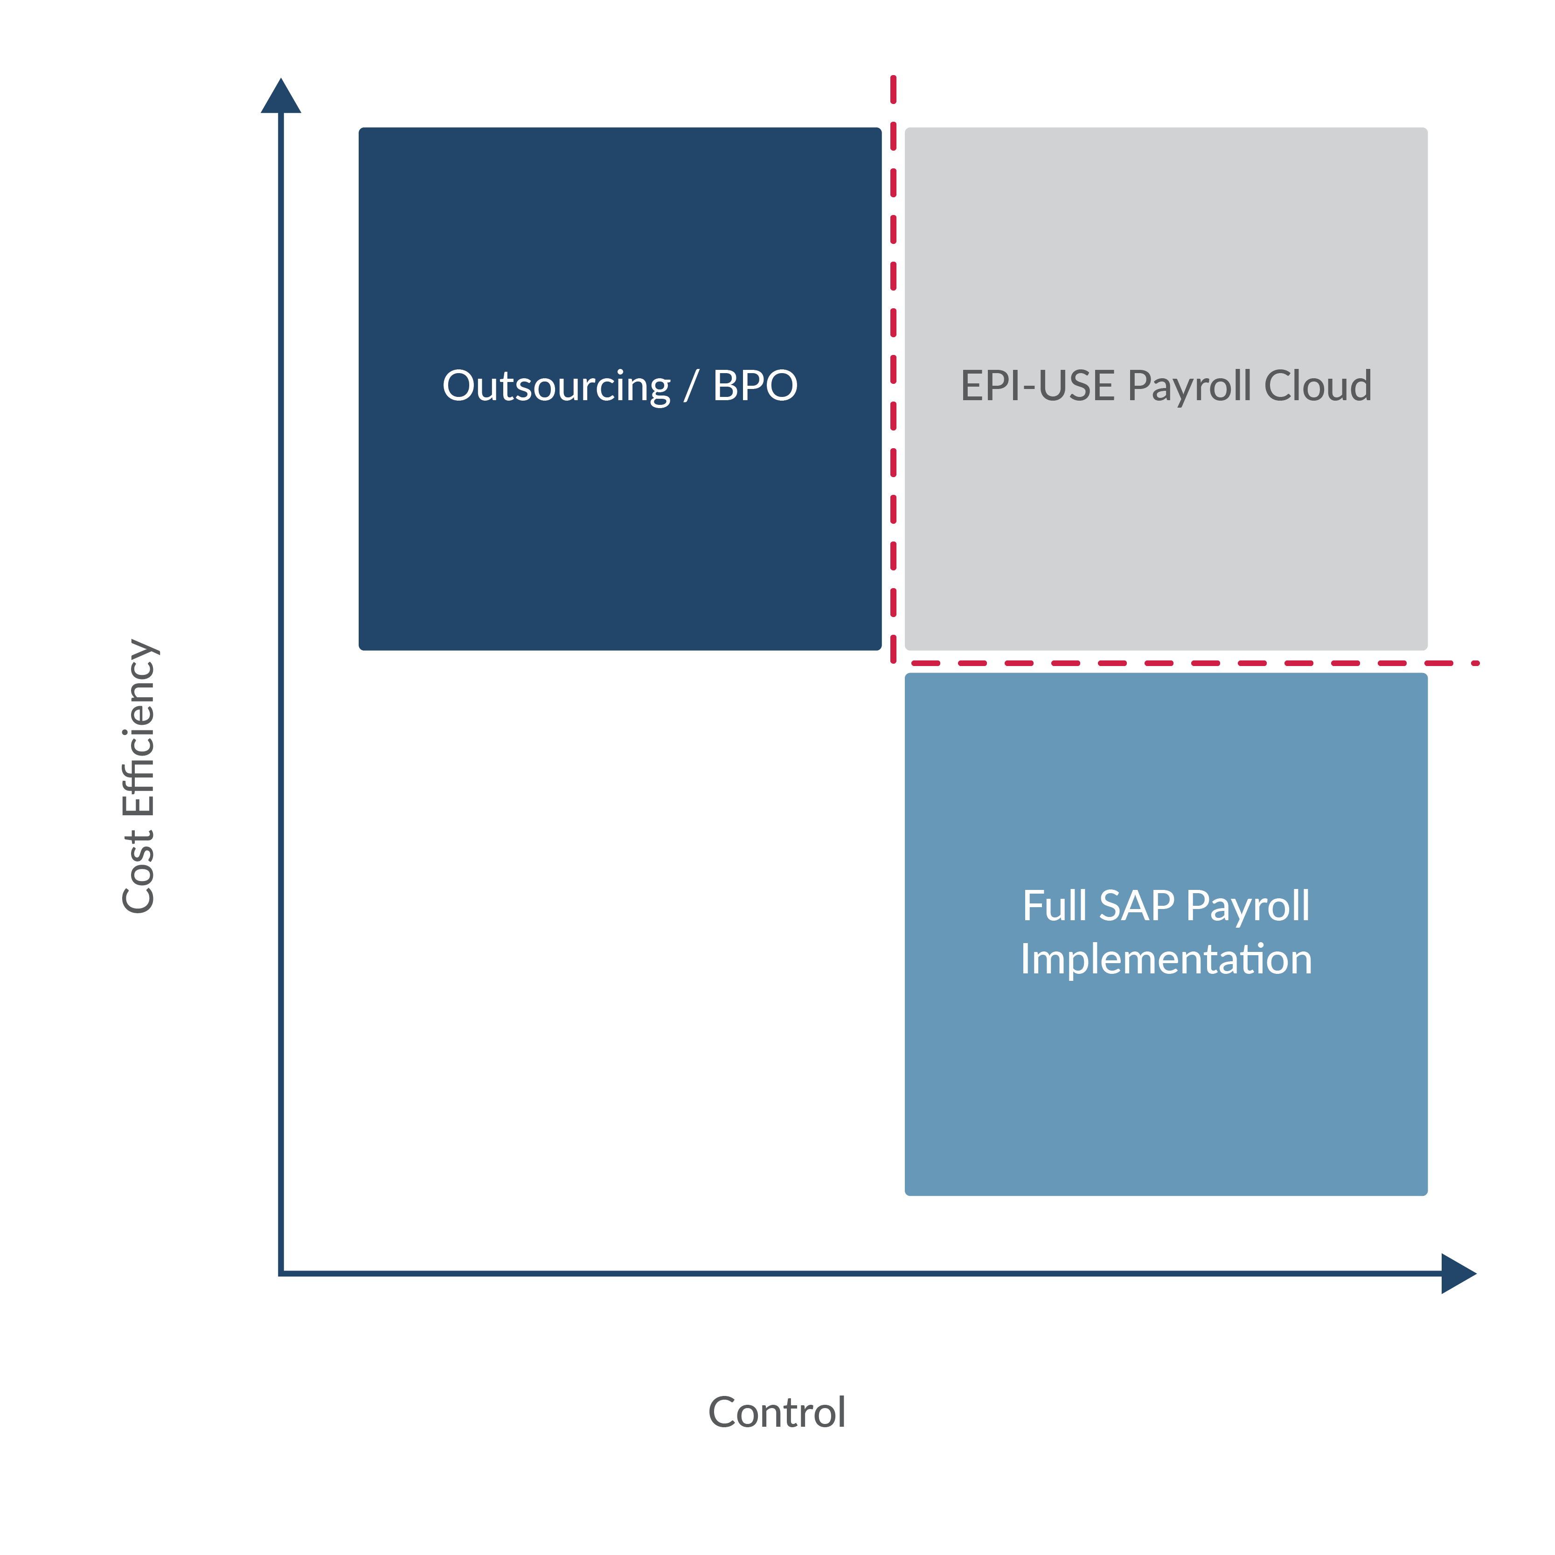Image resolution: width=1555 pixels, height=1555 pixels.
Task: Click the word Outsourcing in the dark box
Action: click(556, 386)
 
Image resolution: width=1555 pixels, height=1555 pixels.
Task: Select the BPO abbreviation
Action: click(755, 386)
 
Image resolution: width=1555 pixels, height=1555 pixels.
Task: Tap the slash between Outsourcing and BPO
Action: click(691, 386)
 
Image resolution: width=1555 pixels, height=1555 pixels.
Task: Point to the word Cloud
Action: click(1318, 386)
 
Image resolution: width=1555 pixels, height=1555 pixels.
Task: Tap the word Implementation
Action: click(1166, 959)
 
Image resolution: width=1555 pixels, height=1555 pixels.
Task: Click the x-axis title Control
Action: click(777, 1413)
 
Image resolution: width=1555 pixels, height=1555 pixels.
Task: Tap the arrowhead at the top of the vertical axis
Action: click(281, 97)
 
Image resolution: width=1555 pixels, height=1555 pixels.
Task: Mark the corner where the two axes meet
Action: click(281, 1273)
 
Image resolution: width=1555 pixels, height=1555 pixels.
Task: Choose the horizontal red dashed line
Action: click(1191, 663)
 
